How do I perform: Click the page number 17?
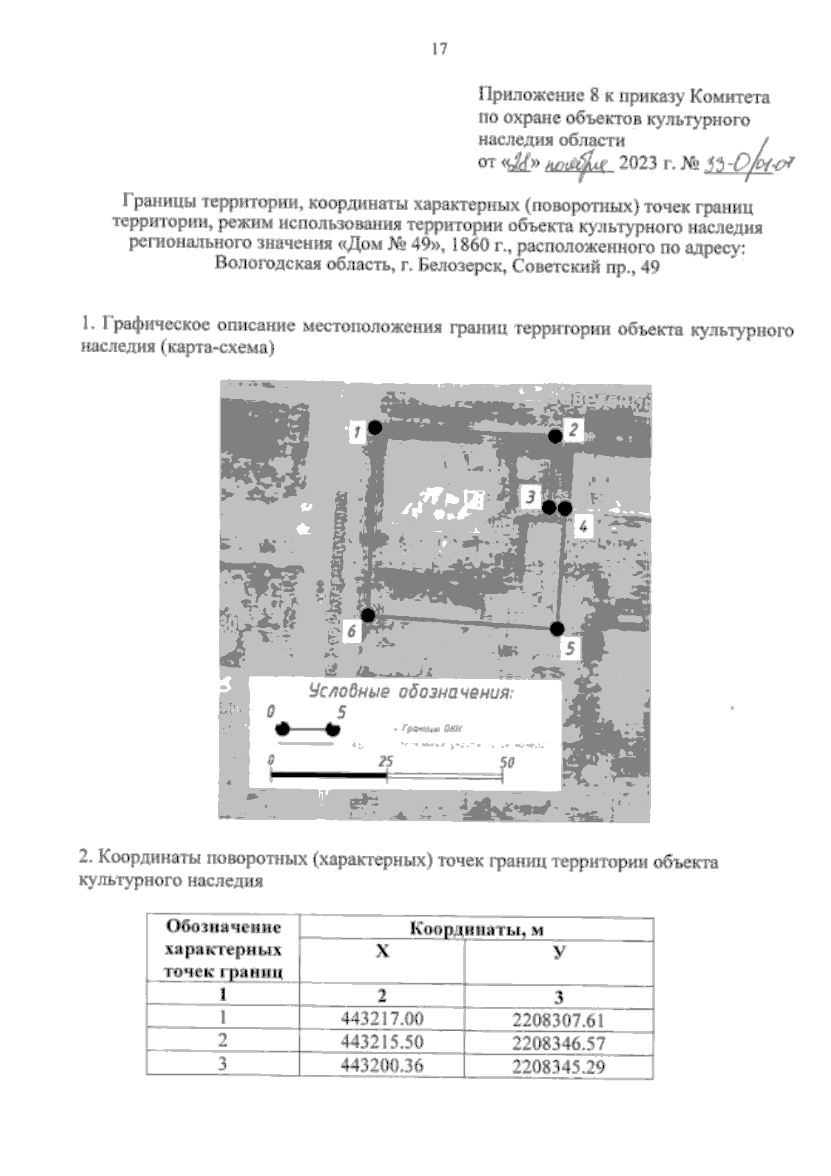(x=439, y=49)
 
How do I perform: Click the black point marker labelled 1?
(x=375, y=428)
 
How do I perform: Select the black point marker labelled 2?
(x=555, y=436)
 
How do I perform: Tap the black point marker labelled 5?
(x=557, y=629)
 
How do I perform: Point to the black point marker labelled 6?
(x=368, y=615)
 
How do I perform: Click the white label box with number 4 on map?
(x=582, y=527)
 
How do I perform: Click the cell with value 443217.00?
(x=382, y=1019)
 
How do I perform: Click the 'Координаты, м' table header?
(x=476, y=929)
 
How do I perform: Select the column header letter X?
(x=382, y=951)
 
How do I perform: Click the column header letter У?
(x=558, y=951)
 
